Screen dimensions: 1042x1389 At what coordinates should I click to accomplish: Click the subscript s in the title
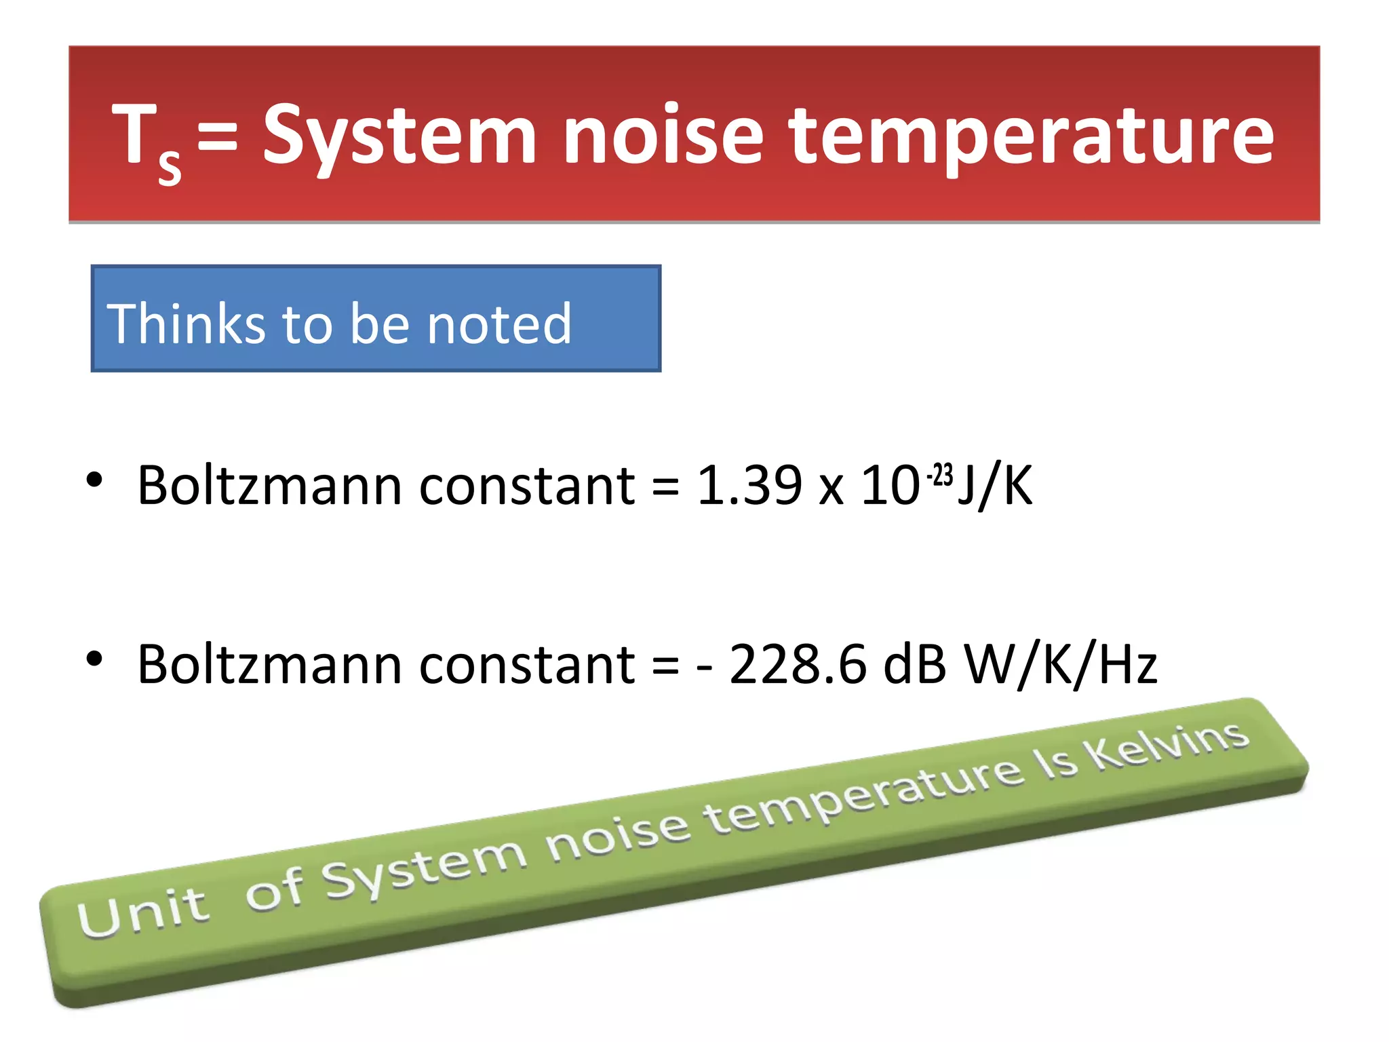(x=170, y=166)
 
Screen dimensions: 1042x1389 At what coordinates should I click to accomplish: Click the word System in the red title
(x=400, y=136)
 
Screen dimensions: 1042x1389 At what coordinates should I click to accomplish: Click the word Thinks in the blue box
(x=185, y=324)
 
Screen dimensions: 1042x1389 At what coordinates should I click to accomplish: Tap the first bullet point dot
(x=94, y=480)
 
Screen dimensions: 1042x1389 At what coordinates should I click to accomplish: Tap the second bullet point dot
(x=94, y=658)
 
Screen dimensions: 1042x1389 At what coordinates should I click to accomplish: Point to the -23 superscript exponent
(x=940, y=475)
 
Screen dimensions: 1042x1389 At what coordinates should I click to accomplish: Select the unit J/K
(x=995, y=486)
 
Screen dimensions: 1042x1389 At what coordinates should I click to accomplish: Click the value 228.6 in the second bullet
(x=798, y=664)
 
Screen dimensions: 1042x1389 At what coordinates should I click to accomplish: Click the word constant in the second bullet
(x=527, y=664)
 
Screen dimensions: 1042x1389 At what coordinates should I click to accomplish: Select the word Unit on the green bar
(x=142, y=912)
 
